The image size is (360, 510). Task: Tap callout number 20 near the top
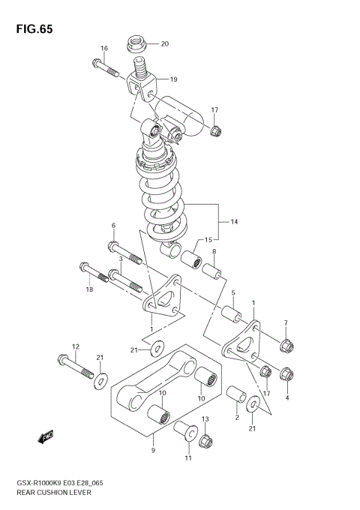point(164,43)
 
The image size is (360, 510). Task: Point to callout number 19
point(173,79)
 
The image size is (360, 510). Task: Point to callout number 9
point(153,450)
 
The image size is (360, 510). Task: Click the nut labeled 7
point(286,346)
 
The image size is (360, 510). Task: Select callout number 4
point(286,397)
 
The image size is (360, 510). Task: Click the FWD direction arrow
point(46,435)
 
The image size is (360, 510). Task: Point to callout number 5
point(233,293)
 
